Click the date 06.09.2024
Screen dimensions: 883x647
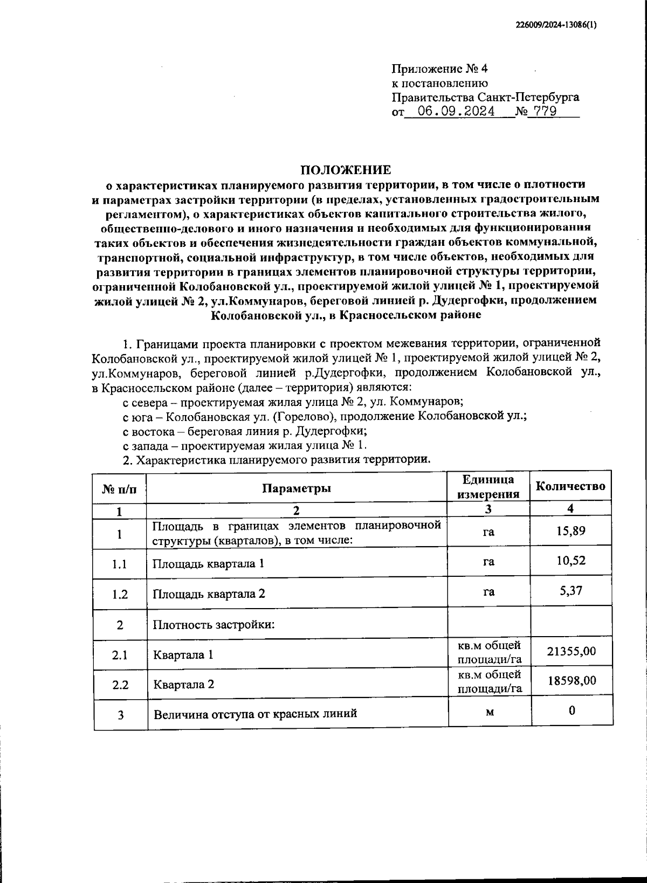(456, 112)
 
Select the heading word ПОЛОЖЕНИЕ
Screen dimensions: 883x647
(346, 170)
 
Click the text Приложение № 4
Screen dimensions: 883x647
(439, 69)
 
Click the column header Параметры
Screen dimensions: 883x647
(297, 488)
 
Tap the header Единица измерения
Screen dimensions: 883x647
(488, 487)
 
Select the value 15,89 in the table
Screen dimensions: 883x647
(570, 532)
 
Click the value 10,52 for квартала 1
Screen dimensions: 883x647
(570, 561)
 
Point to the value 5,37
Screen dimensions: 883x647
(570, 591)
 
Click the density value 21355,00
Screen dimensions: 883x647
(572, 652)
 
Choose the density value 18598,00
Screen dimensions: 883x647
(572, 681)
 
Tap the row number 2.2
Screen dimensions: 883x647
(120, 685)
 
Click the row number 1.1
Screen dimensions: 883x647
(120, 564)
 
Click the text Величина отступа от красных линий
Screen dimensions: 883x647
(256, 714)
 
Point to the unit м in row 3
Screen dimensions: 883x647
(489, 712)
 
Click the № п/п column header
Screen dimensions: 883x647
(119, 488)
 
